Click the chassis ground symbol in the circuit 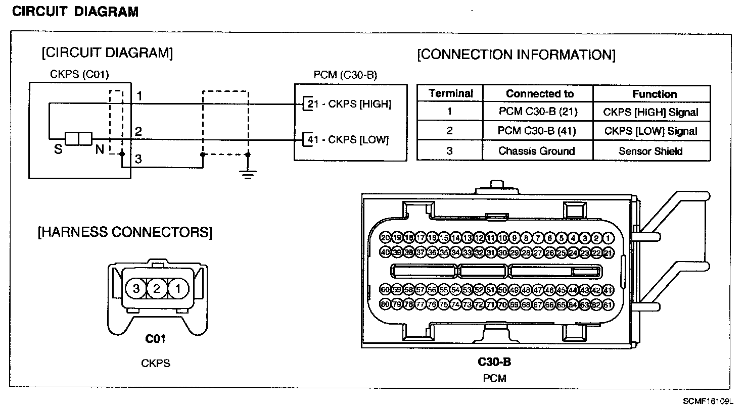click(x=247, y=174)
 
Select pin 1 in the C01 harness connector click(x=177, y=289)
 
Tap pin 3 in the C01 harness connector click(x=136, y=289)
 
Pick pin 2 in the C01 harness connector click(x=157, y=289)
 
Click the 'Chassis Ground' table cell click(x=537, y=151)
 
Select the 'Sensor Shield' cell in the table click(x=650, y=151)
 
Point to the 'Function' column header click(x=654, y=94)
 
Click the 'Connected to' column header click(x=539, y=94)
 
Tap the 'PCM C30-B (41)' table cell click(x=537, y=131)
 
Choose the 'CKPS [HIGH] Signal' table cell click(x=650, y=112)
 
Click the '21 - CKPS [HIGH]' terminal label click(x=349, y=104)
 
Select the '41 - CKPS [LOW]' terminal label click(x=348, y=139)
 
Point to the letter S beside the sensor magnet click(x=58, y=149)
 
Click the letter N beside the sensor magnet click(x=100, y=149)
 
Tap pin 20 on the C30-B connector click(x=386, y=238)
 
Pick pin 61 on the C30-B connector click(x=608, y=305)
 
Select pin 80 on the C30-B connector click(x=386, y=305)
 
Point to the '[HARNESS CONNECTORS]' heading click(x=125, y=232)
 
